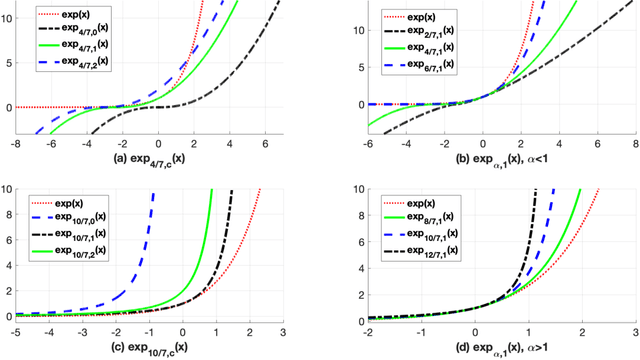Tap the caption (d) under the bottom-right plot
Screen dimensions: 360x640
coord(483,349)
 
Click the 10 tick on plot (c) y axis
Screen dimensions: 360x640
coord(7,189)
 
